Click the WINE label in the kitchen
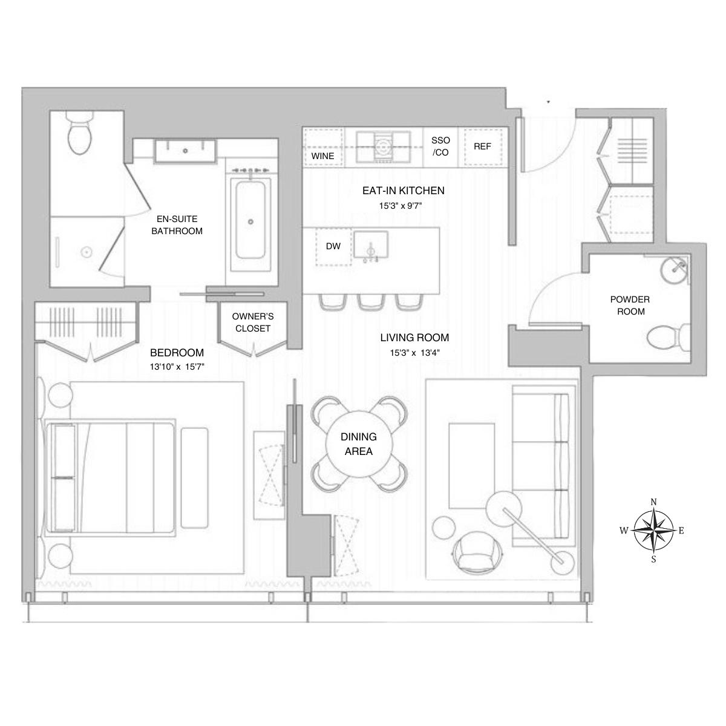click(x=322, y=156)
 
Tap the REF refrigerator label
click(x=482, y=146)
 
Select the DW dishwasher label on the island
click(x=333, y=246)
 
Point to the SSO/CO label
click(x=441, y=146)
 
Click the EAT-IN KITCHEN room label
click(x=403, y=191)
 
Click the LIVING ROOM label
click(x=414, y=338)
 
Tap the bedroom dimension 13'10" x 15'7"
click(x=177, y=366)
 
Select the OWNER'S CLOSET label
click(x=253, y=322)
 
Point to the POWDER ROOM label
click(x=630, y=306)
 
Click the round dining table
click(x=358, y=444)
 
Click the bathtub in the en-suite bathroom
click(x=250, y=221)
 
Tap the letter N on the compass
click(x=653, y=502)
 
